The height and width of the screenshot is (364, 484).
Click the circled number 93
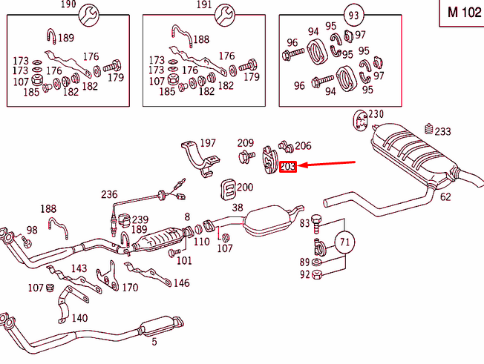pyautogui.click(x=354, y=14)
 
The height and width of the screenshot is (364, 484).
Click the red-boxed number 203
pyautogui.click(x=288, y=168)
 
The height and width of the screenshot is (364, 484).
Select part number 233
pyautogui.click(x=442, y=132)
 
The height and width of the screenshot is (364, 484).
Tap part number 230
pyautogui.click(x=376, y=114)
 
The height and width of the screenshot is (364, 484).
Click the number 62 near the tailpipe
pyautogui.click(x=445, y=197)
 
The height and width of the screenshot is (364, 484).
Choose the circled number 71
pyautogui.click(x=344, y=242)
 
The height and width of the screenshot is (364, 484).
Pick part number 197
pyautogui.click(x=207, y=142)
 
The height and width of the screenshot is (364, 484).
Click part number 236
pyautogui.click(x=110, y=195)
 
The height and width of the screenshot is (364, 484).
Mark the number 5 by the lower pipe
pyautogui.click(x=154, y=342)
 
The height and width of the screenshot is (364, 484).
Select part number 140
pyautogui.click(x=79, y=318)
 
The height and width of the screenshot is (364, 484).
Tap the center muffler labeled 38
pyautogui.click(x=270, y=221)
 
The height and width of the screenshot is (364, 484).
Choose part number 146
pyautogui.click(x=181, y=283)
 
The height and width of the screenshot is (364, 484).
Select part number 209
pyautogui.click(x=246, y=142)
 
